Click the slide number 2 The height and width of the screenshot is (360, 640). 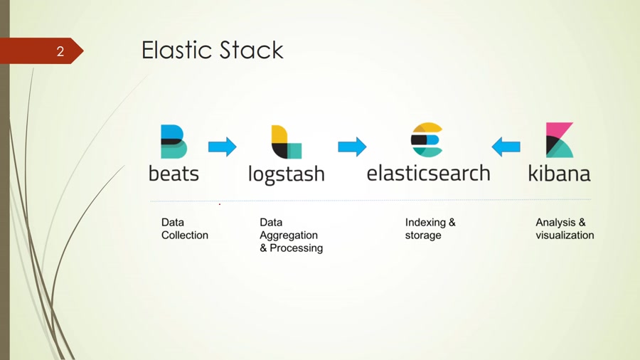(60, 51)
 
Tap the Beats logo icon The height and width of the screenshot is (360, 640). (174, 141)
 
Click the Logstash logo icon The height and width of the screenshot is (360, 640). (286, 142)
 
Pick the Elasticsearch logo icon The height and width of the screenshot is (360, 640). (427, 140)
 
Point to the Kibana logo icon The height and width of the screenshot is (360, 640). (559, 140)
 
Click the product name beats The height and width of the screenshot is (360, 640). (174, 173)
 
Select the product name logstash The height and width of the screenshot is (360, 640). (286, 174)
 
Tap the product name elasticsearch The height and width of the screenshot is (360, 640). (428, 173)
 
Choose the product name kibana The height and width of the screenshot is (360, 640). (559, 173)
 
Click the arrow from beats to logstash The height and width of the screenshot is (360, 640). (222, 147)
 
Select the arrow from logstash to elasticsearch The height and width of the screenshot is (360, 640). (352, 147)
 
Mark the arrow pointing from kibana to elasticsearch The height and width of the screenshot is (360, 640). (506, 147)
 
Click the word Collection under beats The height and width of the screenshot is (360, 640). (185, 235)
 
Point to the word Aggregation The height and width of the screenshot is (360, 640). (289, 235)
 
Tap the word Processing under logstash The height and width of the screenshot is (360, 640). (296, 248)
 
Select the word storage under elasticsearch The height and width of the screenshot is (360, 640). (423, 235)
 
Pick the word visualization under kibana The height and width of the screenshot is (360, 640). (565, 235)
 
